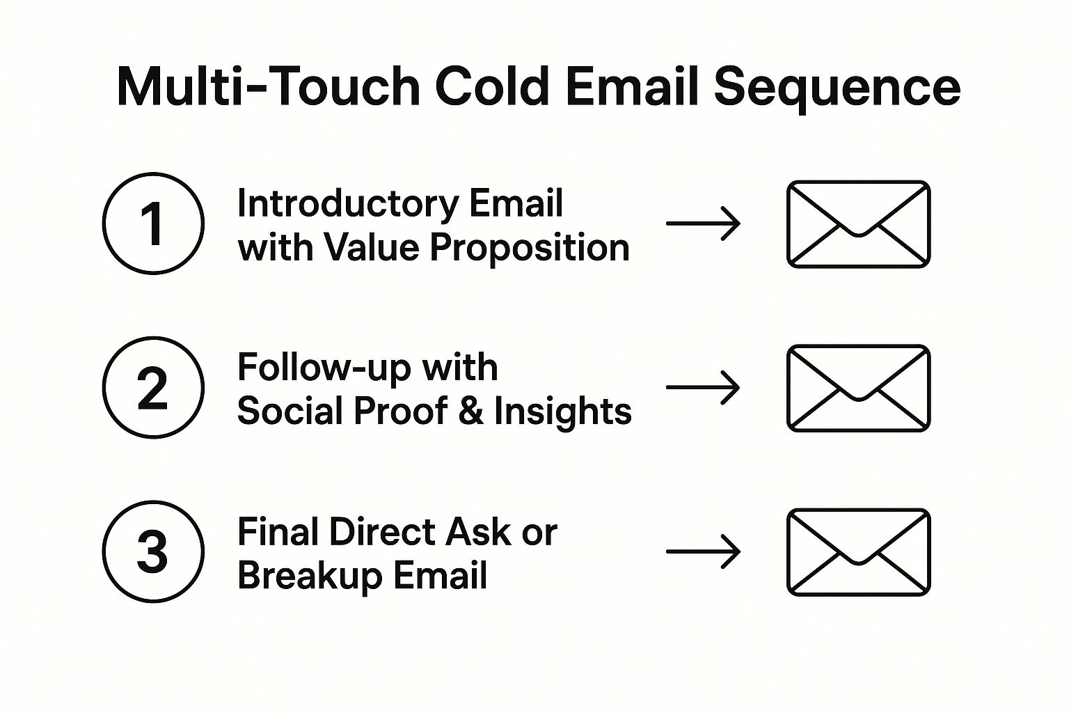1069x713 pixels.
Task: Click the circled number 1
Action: (x=153, y=224)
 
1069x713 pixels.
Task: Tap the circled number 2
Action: (x=153, y=387)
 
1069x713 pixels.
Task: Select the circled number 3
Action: (x=153, y=551)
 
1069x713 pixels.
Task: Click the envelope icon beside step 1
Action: (x=859, y=224)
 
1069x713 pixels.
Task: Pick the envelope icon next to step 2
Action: (x=859, y=388)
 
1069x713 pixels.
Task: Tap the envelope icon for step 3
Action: (x=859, y=552)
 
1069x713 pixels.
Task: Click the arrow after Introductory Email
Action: (x=703, y=224)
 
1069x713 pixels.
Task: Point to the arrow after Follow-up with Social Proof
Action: (x=703, y=387)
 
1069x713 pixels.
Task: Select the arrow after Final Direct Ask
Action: (x=703, y=551)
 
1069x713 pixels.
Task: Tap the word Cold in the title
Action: (x=492, y=88)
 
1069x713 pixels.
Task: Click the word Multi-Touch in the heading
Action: (x=269, y=88)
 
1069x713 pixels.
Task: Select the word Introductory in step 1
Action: (x=348, y=204)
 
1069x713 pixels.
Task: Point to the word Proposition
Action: (x=530, y=249)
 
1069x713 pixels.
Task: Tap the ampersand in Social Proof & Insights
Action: (x=471, y=412)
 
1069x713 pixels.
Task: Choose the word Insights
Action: (x=563, y=412)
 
